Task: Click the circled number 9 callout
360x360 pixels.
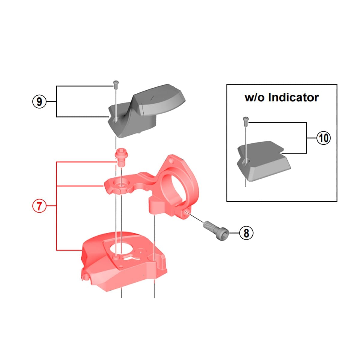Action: [x=39, y=102]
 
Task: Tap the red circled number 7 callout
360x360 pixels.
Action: [x=39, y=206]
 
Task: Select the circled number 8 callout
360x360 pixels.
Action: [x=246, y=232]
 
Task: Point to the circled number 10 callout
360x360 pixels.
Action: [x=323, y=138]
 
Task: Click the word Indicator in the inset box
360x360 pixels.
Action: [x=293, y=97]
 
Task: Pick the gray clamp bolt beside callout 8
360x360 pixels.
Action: [x=216, y=228]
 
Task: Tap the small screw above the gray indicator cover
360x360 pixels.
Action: [x=115, y=84]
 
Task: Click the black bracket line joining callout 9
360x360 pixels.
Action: [x=57, y=101]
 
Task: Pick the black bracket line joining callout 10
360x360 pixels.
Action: [x=306, y=138]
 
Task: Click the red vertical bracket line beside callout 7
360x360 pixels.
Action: [x=57, y=206]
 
